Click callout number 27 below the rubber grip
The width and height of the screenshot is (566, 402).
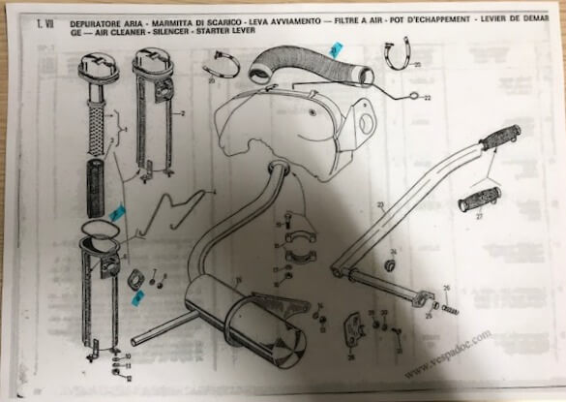coord(478,220)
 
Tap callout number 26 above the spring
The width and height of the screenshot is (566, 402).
coord(446,288)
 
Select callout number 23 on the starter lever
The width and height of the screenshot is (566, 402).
coord(380,204)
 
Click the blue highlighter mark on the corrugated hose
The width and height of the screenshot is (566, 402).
coord(333,50)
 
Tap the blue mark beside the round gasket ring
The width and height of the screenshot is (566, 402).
coord(115,210)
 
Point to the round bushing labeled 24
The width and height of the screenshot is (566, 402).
coord(390,263)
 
